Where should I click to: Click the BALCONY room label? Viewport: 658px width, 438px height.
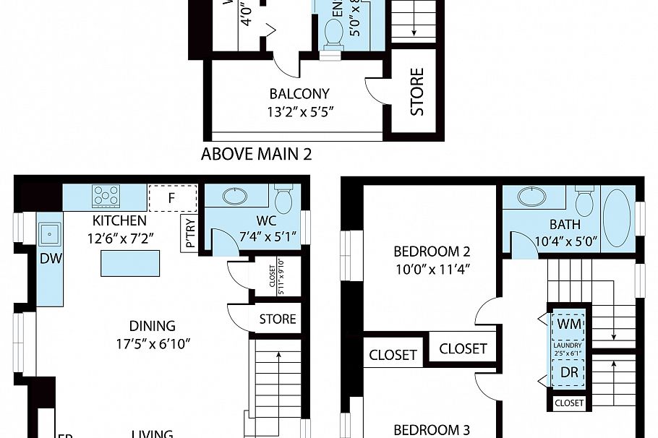[x=299, y=94]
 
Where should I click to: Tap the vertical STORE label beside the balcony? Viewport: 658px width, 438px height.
[x=417, y=92]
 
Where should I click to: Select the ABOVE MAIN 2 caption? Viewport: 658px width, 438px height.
[x=256, y=154]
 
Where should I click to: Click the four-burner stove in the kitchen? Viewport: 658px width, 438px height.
[x=106, y=196]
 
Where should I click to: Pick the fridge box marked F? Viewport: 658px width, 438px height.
[x=172, y=197]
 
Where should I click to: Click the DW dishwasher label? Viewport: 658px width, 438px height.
[x=49, y=259]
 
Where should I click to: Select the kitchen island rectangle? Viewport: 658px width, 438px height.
[x=130, y=263]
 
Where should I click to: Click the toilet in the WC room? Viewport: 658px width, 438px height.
[x=283, y=199]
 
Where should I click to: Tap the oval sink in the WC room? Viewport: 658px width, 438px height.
[x=235, y=196]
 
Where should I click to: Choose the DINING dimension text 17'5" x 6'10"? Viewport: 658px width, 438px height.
[x=153, y=343]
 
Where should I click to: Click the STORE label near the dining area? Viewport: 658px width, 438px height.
[x=278, y=319]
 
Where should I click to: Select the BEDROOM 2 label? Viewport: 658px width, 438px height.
[x=432, y=252]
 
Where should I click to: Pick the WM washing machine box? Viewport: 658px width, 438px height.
[x=570, y=325]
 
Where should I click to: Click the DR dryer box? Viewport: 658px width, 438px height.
[x=570, y=373]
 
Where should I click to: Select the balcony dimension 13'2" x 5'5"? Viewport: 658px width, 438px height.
[x=299, y=111]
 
